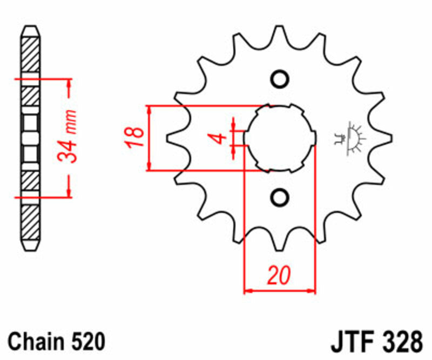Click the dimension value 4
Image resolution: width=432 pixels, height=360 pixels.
pos(218,138)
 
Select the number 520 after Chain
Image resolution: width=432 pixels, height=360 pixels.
pos(87,342)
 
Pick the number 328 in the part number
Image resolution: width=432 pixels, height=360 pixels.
pos(401,343)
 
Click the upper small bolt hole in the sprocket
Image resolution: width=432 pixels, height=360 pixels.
pos(280,79)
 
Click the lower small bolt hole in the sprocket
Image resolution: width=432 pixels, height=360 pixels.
pos(280,197)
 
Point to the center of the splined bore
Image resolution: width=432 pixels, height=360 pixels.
pos(280,138)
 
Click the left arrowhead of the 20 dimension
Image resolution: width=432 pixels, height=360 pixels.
pos(248,291)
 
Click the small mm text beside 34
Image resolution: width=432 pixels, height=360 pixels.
pos(69,119)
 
